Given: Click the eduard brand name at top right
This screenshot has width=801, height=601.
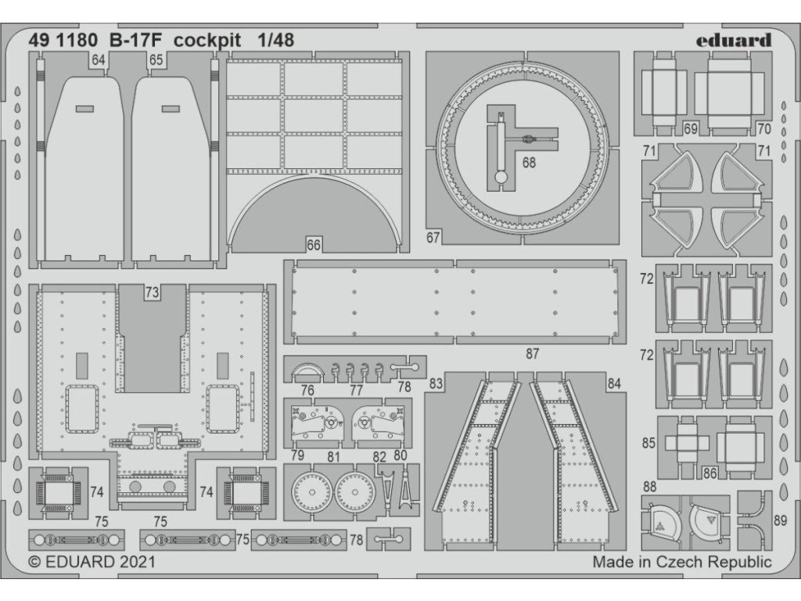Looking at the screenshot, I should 733,40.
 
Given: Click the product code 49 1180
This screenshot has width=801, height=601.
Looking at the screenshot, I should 66,40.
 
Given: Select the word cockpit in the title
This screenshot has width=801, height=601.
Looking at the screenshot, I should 208,40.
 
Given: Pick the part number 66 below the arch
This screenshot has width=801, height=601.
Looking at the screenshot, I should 313,245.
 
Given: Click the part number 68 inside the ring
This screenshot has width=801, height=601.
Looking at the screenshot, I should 530,163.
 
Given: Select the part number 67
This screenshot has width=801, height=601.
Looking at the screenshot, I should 434,237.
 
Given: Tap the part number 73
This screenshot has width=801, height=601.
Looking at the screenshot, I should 152,293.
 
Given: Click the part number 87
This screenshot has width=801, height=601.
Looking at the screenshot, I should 533,354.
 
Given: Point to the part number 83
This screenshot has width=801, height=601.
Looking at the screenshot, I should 436,383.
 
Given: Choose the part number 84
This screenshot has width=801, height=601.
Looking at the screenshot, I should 613,383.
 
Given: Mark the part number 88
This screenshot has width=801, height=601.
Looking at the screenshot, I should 650,487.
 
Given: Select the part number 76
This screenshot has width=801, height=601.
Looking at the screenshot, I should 307,390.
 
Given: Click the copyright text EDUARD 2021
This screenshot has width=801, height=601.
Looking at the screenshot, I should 92,562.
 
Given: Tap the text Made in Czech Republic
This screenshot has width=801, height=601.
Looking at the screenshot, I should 681,562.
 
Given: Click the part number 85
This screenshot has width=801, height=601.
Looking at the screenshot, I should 648,444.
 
